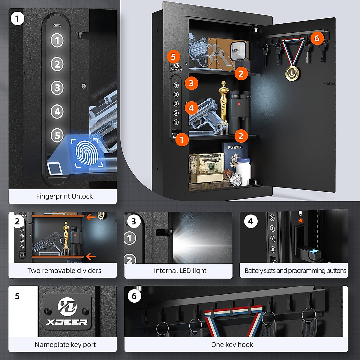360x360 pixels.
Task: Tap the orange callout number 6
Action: tap(317, 38)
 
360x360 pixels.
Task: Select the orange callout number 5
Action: tap(173, 56)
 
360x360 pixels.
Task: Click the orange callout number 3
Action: tap(191, 83)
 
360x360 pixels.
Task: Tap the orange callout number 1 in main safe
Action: tap(181, 139)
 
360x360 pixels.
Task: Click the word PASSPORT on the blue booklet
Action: tap(235, 147)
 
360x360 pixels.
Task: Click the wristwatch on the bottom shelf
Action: tap(235, 179)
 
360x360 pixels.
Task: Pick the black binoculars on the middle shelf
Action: tap(239, 112)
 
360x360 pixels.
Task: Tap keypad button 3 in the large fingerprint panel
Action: tap(57, 88)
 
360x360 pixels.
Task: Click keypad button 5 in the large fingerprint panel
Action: tap(57, 135)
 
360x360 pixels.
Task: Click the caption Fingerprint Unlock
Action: tap(64, 196)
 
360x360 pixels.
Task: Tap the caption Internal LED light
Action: tap(180, 271)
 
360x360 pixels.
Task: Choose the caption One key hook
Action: tap(232, 345)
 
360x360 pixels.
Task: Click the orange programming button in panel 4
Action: tap(301, 220)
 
